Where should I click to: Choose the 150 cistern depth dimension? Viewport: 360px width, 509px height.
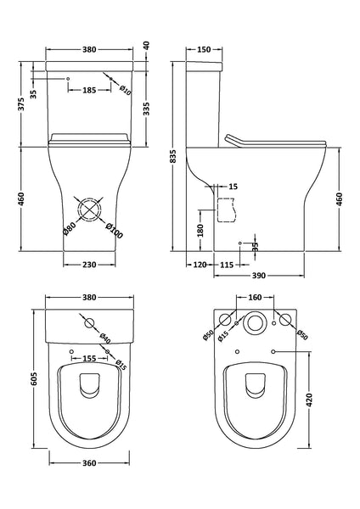[204, 48]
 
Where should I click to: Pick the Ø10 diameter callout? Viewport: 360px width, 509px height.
[124, 87]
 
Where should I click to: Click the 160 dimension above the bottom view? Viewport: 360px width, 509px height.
[256, 298]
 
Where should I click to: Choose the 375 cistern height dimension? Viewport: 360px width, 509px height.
[20, 104]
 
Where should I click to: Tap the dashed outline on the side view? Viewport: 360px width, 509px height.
[224, 210]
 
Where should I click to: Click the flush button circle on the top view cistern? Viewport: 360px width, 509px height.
[89, 323]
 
